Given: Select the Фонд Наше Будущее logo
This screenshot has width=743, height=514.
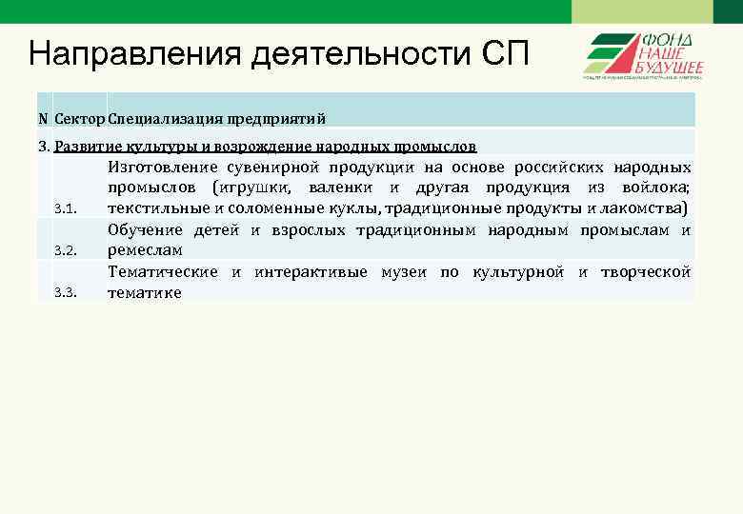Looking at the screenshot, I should tap(643, 55).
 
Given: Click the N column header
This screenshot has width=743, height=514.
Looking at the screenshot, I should tap(43, 118).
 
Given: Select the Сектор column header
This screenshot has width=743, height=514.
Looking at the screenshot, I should tap(80, 118).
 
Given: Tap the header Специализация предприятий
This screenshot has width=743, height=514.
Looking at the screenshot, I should tap(217, 118).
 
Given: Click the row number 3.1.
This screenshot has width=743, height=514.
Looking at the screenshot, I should tap(65, 208).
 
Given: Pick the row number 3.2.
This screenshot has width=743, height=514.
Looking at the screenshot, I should tap(65, 250).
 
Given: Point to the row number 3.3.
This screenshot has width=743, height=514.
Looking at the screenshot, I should tap(65, 292).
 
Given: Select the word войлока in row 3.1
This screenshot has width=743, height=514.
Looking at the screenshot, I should tap(656, 188).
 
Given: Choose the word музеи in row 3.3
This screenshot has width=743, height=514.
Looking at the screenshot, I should tap(403, 272).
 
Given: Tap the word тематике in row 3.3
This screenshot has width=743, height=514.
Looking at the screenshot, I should tap(144, 293).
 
